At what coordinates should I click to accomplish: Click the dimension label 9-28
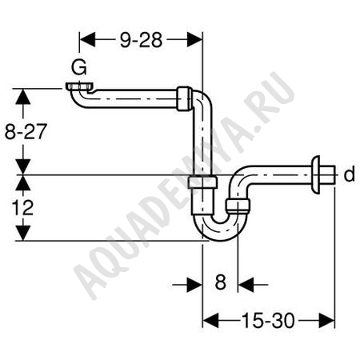[141, 40]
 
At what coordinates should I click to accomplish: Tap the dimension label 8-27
[26, 131]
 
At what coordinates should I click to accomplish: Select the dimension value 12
[22, 208]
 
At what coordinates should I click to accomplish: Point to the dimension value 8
[221, 282]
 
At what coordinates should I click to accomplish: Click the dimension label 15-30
[268, 321]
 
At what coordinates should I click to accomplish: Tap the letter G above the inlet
[79, 67]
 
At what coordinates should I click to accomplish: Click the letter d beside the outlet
[349, 174]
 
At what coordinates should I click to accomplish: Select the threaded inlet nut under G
[79, 86]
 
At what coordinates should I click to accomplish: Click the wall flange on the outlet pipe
[316, 174]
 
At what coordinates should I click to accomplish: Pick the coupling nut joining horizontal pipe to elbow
[184, 98]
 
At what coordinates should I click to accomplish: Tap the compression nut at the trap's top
[202, 182]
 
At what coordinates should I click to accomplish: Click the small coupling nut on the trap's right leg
[238, 206]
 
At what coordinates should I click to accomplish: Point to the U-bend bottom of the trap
[220, 231]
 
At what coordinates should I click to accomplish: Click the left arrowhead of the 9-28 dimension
[87, 40]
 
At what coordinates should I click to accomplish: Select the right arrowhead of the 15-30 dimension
[326, 320]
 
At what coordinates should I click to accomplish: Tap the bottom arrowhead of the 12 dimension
[22, 233]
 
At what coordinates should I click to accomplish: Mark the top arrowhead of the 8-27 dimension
[22, 96]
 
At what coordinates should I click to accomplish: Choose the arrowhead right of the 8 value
[246, 285]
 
